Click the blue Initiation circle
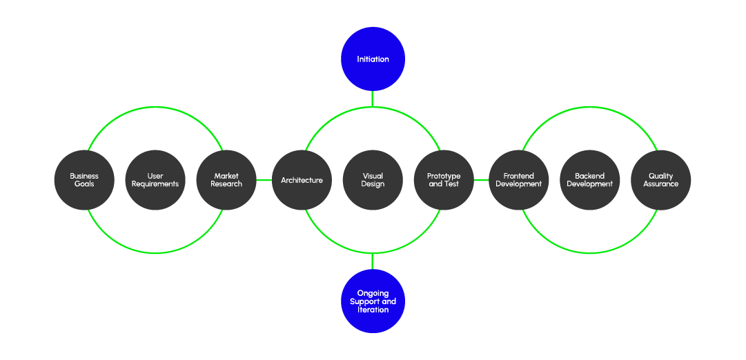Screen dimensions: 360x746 (x=373, y=59)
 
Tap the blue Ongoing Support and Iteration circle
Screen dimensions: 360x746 (x=373, y=301)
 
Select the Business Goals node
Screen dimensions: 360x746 (x=84, y=180)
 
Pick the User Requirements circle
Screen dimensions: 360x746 (x=155, y=180)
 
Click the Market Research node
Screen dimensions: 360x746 (x=226, y=180)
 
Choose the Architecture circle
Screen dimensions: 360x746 (x=302, y=180)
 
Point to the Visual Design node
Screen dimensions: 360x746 (x=373, y=180)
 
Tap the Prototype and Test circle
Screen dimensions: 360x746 (x=444, y=180)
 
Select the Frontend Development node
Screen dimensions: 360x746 (x=518, y=180)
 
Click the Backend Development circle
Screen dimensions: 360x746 (x=589, y=180)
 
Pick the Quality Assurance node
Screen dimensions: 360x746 (x=660, y=180)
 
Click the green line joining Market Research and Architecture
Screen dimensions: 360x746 (x=264, y=181)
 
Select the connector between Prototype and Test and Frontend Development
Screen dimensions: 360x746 (x=481, y=181)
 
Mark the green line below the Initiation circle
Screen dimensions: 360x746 (x=373, y=99)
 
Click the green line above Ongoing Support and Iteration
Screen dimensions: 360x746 (x=373, y=262)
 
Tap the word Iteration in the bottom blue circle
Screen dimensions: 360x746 (x=373, y=310)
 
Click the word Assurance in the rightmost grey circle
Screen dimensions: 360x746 (x=661, y=184)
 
